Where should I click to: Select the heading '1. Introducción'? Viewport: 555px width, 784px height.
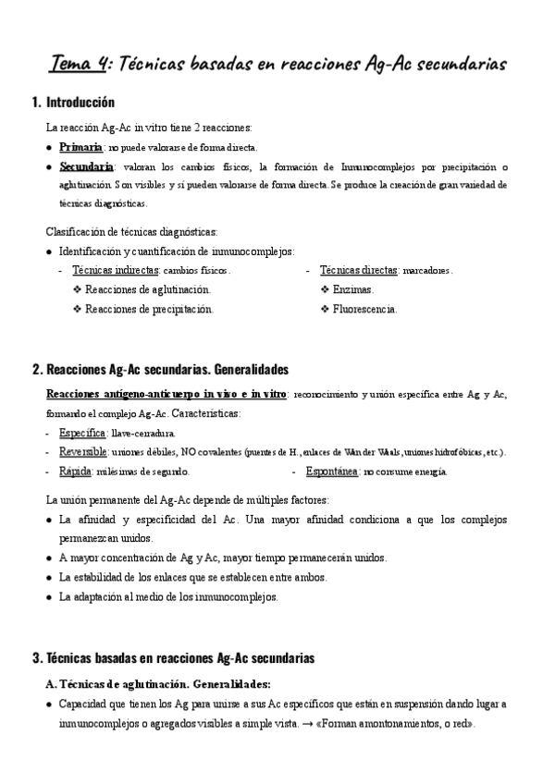[x=73, y=103]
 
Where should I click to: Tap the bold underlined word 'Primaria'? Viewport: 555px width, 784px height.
[x=80, y=147]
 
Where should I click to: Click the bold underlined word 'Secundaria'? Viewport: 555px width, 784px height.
[x=86, y=166]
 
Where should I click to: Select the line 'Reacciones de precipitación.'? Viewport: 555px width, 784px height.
[x=149, y=309]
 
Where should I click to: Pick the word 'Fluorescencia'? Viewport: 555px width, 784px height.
[x=365, y=309]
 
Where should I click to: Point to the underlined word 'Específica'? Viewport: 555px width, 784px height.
[x=82, y=433]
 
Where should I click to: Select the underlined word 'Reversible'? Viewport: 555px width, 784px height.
[x=83, y=452]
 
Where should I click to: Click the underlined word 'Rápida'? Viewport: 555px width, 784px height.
[x=75, y=472]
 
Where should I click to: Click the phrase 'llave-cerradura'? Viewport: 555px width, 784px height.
[x=142, y=433]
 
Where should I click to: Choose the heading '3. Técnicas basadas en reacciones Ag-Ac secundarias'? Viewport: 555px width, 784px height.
[x=173, y=659]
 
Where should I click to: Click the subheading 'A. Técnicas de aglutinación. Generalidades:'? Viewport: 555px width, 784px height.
[x=158, y=684]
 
